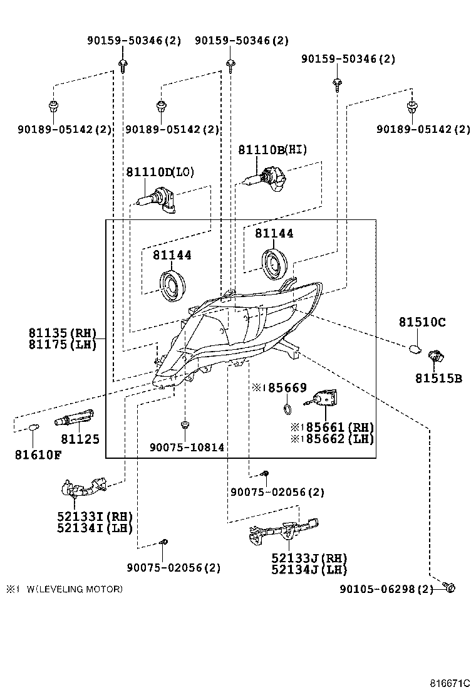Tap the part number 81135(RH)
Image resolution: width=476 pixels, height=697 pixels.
coord(62,333)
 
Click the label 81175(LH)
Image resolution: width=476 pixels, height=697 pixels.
coord(62,344)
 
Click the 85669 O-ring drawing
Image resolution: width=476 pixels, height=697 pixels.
coord(287,409)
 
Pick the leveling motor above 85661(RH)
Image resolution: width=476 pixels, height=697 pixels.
coord(327,398)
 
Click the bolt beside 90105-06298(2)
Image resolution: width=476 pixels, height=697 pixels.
coord(449,587)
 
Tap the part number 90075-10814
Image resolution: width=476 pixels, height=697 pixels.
coord(187,447)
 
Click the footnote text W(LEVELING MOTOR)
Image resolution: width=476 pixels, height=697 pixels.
coord(75,589)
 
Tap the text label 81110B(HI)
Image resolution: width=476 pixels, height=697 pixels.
coord(272,150)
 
